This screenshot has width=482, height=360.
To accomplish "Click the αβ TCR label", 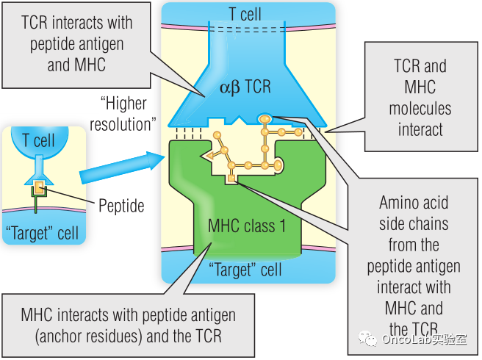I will (x=245, y=87).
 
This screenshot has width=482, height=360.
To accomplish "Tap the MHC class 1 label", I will (x=246, y=226).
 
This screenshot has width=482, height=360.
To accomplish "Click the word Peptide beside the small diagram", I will (x=121, y=205).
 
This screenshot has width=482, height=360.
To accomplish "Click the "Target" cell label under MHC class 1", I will (x=245, y=270).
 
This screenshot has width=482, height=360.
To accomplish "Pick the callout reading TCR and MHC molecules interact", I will (x=420, y=98).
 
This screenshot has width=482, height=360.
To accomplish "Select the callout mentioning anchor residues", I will (x=118, y=325).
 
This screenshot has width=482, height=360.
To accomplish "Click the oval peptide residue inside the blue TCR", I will (x=265, y=118).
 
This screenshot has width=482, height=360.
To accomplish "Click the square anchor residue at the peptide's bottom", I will (x=231, y=179).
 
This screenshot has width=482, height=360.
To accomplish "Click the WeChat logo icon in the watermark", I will (x=367, y=339).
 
